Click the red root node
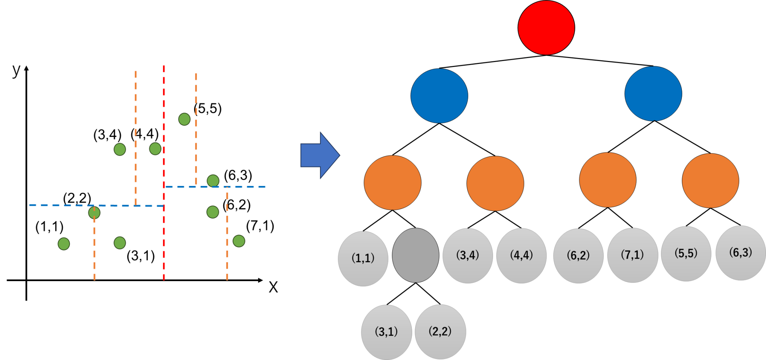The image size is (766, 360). pyautogui.click(x=546, y=28)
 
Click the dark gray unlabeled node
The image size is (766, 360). pyautogui.click(x=416, y=255)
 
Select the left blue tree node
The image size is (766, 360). pyautogui.click(x=439, y=96)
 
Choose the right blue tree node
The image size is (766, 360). pyautogui.click(x=653, y=94)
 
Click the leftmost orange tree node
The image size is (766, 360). pyautogui.click(x=392, y=183)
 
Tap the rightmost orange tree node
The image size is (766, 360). pyautogui.click(x=710, y=181)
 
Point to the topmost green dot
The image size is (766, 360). pyautogui.click(x=184, y=119)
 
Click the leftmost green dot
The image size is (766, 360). pyautogui.click(x=64, y=244)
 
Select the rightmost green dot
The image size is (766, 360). pyautogui.click(x=239, y=241)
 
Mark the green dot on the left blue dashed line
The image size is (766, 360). pyautogui.click(x=94, y=213)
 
